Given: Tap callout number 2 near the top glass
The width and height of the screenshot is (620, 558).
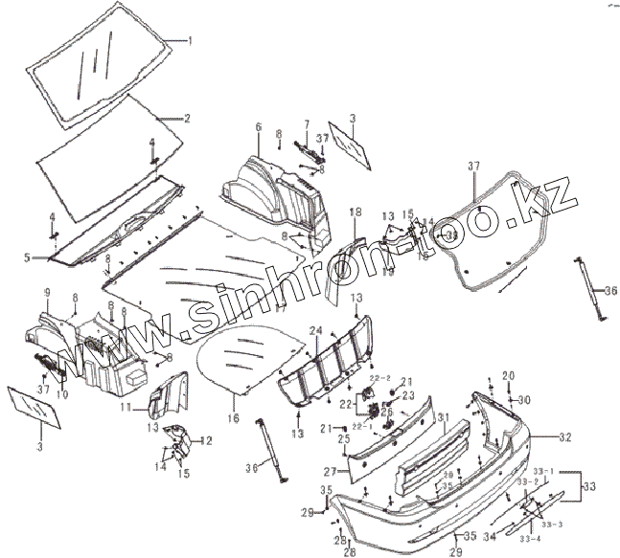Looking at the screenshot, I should [x=188, y=119].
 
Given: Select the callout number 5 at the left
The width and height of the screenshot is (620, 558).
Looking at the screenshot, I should [x=28, y=257].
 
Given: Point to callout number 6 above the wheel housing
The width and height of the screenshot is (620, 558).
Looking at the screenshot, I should [x=258, y=126].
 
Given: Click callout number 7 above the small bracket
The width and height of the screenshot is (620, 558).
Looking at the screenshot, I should [x=307, y=123].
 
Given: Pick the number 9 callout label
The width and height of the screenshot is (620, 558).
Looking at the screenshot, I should [x=45, y=290].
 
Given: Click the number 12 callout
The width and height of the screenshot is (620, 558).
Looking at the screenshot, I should [x=206, y=440].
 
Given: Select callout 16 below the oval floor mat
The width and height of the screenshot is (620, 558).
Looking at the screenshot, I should [x=234, y=418].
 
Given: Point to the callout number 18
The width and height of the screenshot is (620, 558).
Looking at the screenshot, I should [x=355, y=211].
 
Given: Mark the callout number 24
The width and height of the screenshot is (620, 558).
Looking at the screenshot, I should [x=314, y=330].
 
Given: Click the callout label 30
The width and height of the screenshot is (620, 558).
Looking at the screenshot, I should [x=523, y=399].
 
